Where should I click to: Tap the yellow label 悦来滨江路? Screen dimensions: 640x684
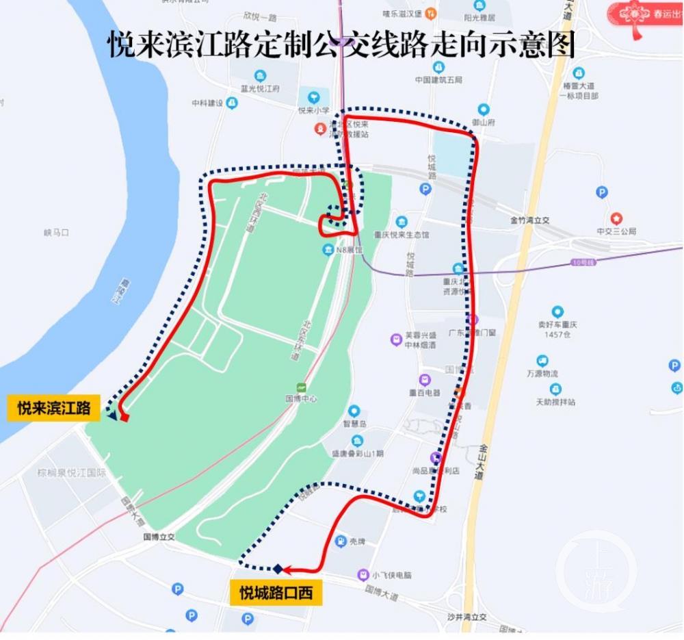tap(53, 409)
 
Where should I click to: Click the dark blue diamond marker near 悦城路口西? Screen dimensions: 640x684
tap(278, 569)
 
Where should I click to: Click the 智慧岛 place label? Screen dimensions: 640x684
tap(354, 422)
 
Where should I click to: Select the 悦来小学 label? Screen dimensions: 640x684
tap(314, 110)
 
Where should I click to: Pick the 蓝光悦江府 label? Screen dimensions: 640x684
tap(260, 88)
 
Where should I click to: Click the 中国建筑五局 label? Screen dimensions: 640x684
tap(438, 79)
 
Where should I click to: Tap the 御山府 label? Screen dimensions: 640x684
tap(483, 122)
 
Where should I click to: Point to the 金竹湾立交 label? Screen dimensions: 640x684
tap(529, 220)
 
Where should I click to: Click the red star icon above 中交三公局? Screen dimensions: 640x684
tap(616, 218)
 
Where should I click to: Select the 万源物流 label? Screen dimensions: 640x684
tap(542, 373)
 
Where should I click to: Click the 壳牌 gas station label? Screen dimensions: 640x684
tap(357, 541)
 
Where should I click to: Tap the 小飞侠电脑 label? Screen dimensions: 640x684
tap(392, 575)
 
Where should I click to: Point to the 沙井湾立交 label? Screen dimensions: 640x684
tap(466, 617)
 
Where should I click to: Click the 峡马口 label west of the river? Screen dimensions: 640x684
tap(56, 233)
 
